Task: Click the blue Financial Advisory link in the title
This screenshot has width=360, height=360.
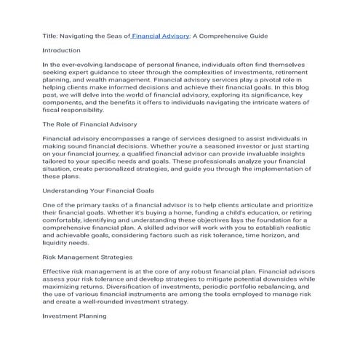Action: [x=160, y=35]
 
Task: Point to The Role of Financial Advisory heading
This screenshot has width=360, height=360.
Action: [x=89, y=124]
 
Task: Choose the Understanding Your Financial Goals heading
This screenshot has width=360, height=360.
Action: [x=103, y=190]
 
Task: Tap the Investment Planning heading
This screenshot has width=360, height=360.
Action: [x=75, y=316]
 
